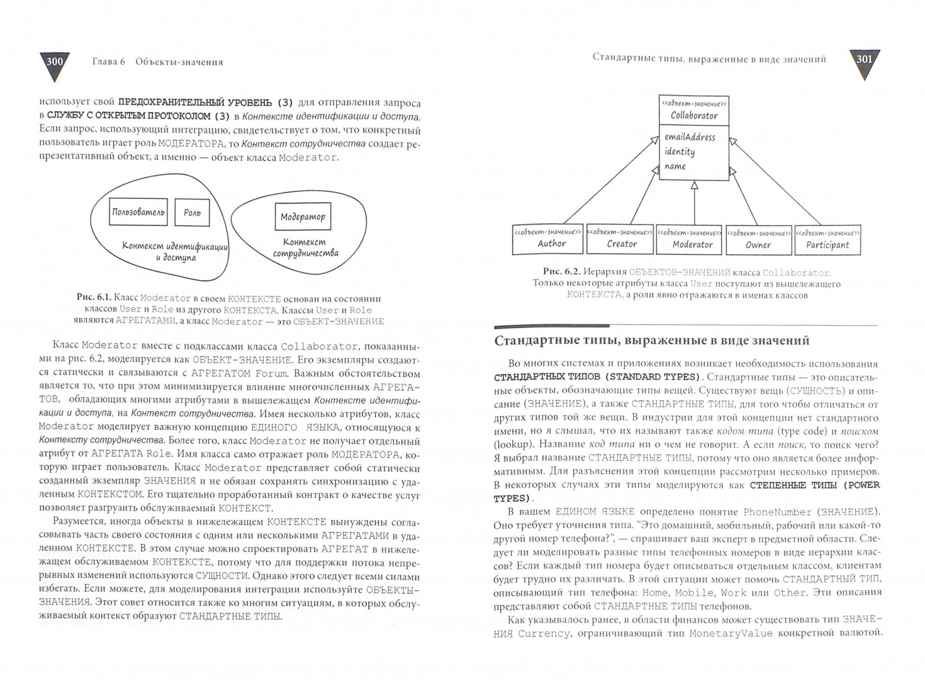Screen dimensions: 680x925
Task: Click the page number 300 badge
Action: (x=55, y=63)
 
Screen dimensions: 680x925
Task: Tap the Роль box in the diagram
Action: (x=192, y=212)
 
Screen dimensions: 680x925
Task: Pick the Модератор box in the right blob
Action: (x=303, y=217)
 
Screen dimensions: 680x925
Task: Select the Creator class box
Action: (x=620, y=240)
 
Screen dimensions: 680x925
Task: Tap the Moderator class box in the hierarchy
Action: (x=692, y=240)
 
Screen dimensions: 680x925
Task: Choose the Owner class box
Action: (x=758, y=240)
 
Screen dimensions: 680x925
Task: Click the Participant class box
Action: (x=827, y=240)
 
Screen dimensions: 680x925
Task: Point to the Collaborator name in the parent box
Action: (x=693, y=115)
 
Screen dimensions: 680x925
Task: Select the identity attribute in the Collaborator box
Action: (x=680, y=152)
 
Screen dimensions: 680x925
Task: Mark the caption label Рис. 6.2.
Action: (x=561, y=273)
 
